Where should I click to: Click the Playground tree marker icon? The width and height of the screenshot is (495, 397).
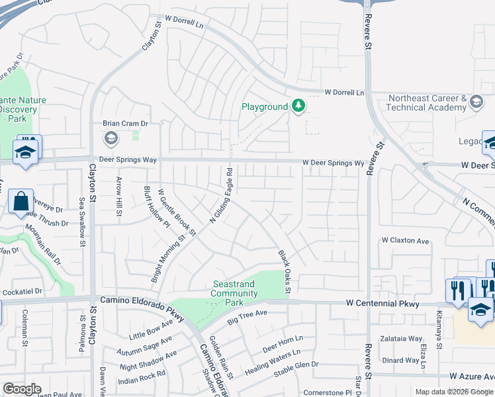(x=299, y=106)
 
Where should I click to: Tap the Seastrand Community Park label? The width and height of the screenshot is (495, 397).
(x=233, y=293)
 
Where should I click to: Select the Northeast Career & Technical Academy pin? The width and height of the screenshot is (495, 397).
(x=475, y=102)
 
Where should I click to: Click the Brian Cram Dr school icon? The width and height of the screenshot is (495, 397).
(x=111, y=138)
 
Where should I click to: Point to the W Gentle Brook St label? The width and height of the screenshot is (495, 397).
(x=177, y=212)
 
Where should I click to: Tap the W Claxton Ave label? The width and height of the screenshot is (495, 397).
(x=406, y=240)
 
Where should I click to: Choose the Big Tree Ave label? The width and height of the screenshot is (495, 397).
(x=247, y=317)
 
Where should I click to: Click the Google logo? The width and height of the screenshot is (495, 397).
(x=22, y=389)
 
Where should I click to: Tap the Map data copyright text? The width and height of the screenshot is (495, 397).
(x=453, y=392)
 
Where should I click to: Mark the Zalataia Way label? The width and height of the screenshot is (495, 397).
(x=401, y=338)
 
